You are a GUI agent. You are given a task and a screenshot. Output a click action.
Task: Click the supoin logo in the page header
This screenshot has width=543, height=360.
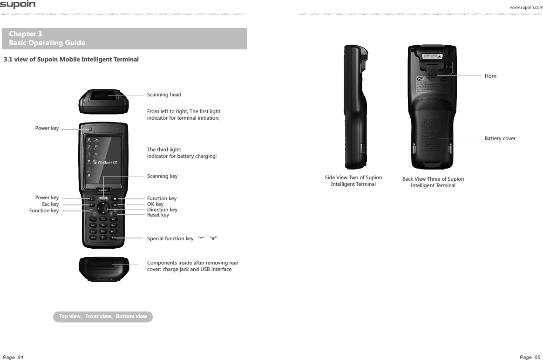pos(18,5)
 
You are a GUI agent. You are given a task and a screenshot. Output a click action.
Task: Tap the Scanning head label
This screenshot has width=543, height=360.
pos(164,95)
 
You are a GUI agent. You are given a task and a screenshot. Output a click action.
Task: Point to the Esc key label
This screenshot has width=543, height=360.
pos(50,204)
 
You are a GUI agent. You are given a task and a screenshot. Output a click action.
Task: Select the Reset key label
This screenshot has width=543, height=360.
pos(158,215)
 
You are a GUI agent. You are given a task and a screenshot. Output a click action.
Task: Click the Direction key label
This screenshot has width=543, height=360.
pos(162,210)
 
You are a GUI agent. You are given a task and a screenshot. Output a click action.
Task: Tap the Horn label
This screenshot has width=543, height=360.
pos(490,76)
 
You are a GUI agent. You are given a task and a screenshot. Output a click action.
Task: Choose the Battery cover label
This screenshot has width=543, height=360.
pos(500,139)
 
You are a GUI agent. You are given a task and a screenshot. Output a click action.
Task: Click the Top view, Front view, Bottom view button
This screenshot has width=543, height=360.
pos(103,317)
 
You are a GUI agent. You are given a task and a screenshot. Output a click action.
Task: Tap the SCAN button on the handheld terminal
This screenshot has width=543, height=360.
pos(103,198)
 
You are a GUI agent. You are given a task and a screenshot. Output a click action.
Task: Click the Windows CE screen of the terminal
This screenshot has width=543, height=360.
pos(102,159)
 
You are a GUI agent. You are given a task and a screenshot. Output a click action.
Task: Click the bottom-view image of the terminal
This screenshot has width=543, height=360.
pos(103,268)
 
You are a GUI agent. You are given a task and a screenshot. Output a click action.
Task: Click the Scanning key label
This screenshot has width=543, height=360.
pos(162,177)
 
